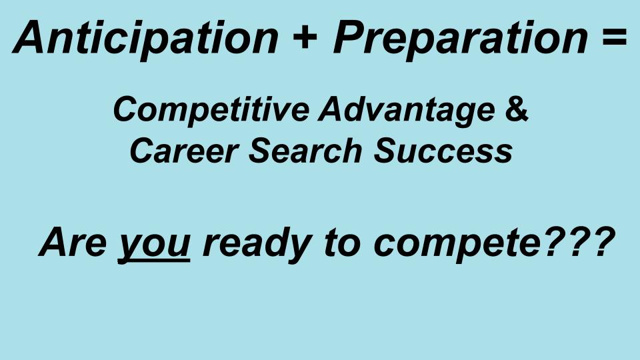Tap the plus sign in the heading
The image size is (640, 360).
tap(305, 37)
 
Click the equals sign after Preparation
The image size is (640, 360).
tap(613, 37)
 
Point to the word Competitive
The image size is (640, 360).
tap(211, 110)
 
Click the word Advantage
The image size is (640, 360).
tap(407, 110)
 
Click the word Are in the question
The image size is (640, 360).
tap(73, 242)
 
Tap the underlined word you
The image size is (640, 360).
tap(154, 246)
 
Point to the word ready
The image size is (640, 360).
tap(257, 244)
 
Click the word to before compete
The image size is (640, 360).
tap(343, 243)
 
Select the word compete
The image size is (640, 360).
tap(457, 245)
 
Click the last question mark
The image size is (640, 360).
tap(603, 241)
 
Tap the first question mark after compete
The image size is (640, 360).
tap(555, 241)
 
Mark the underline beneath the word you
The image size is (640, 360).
tap(154, 261)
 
